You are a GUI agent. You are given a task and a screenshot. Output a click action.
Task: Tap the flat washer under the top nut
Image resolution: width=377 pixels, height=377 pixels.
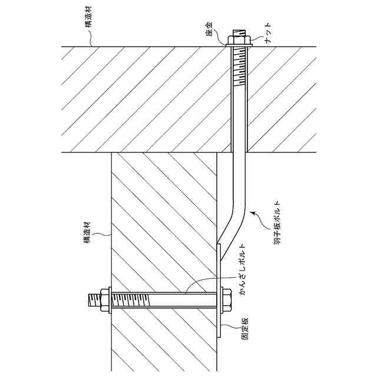(239, 45)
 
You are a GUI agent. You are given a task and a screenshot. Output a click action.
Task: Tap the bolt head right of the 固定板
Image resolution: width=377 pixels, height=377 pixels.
(226, 300)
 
